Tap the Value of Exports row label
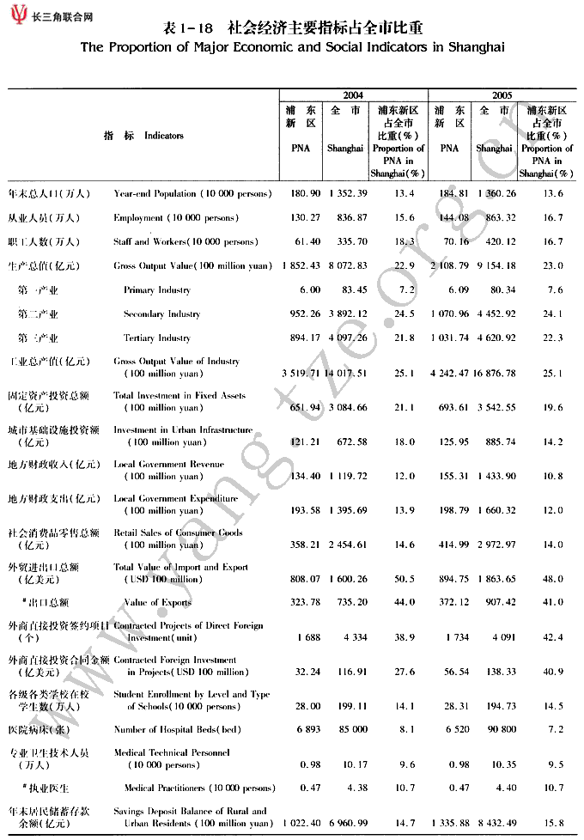159,603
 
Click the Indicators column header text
163,136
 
